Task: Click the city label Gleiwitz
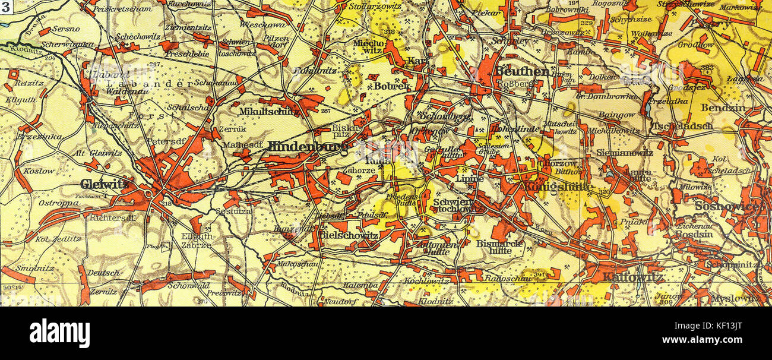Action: [x=104, y=184]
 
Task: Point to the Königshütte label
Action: [x=558, y=187]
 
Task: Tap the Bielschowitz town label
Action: [x=348, y=235]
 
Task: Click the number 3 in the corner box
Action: [x=5, y=8]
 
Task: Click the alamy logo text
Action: [x=59, y=333]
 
